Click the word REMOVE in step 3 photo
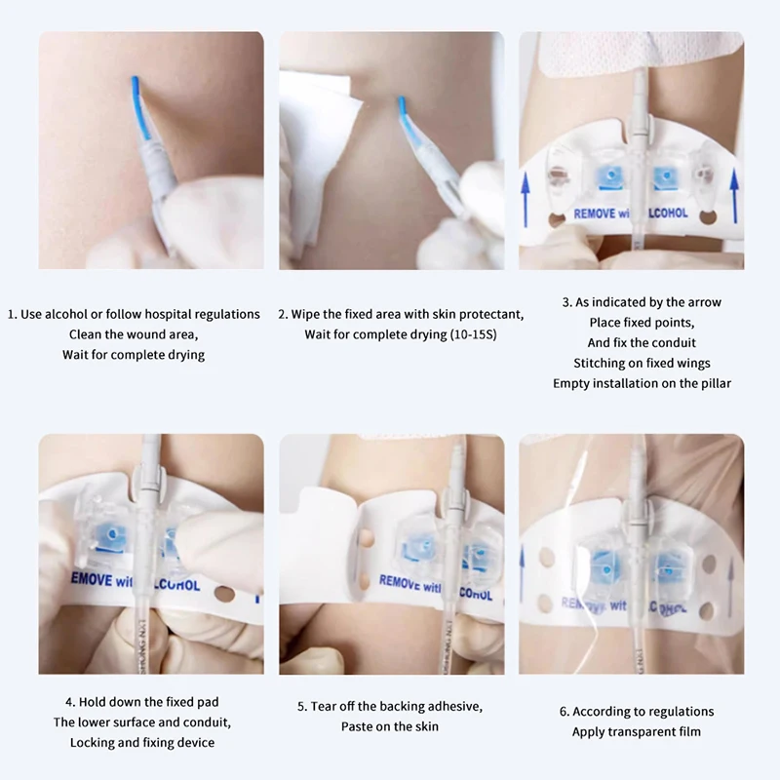click(x=594, y=213)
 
